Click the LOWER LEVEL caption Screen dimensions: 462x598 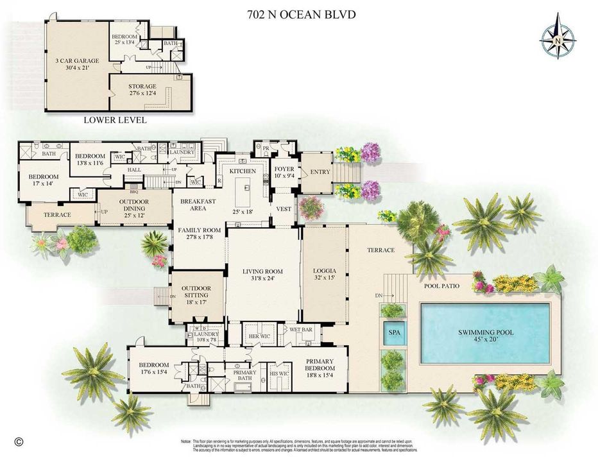[115, 120]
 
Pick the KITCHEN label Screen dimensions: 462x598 [243, 171]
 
